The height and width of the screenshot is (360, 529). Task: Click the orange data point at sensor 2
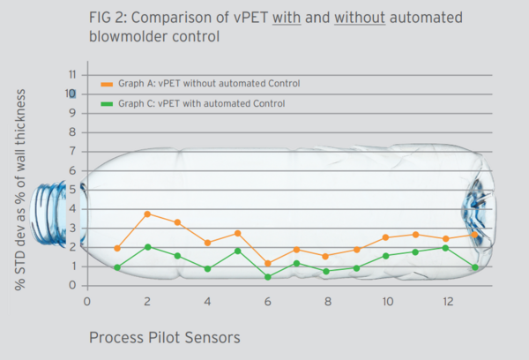pos(147,214)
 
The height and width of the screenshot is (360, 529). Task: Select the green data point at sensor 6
pos(267,277)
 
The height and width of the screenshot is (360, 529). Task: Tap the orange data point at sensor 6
pos(267,263)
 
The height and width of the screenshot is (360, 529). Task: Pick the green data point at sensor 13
pos(476,267)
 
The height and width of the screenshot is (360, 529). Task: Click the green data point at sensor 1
pos(117,267)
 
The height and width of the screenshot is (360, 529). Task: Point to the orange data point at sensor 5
pos(237,233)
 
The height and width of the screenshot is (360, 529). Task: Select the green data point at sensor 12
pos(446,248)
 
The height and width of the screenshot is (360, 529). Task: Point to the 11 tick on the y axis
pos(73,74)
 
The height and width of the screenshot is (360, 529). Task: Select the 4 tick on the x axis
pos(207,301)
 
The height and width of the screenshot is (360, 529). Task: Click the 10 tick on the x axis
pos(386,301)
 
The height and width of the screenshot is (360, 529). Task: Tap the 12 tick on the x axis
pos(446,301)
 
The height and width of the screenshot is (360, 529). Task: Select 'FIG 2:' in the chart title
pos(109,17)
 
